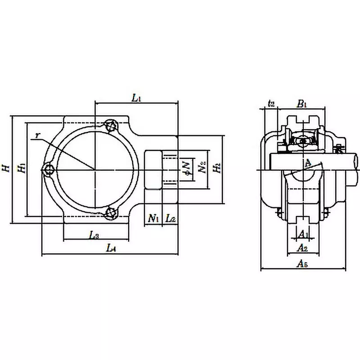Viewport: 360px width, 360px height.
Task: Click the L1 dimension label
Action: click(136, 97)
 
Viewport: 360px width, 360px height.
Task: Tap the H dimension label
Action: click(5, 168)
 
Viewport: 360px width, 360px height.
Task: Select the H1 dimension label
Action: click(20, 168)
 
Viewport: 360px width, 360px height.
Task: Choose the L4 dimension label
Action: click(111, 247)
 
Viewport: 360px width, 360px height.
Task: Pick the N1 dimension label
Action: click(153, 219)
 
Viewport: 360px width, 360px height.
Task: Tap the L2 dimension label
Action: click(171, 219)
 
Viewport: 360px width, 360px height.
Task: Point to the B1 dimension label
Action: click(301, 103)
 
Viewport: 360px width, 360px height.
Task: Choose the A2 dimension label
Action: click(303, 247)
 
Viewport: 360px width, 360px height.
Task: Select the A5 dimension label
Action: click(303, 264)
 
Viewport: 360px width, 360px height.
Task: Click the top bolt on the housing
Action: click(111, 126)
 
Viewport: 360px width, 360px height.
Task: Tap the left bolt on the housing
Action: click(49, 170)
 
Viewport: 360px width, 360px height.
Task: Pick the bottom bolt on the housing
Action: click(111, 213)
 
